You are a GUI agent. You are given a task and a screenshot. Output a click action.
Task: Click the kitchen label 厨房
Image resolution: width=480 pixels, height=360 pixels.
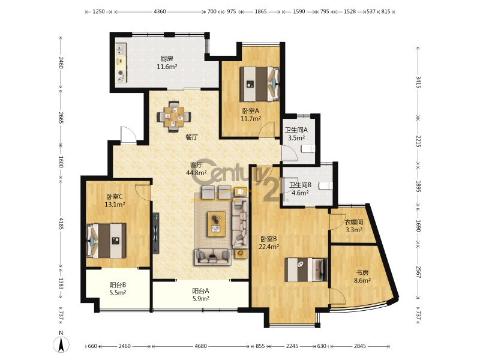tap(167, 59)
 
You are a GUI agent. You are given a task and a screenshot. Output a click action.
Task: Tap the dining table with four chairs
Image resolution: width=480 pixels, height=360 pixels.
tap(174, 116)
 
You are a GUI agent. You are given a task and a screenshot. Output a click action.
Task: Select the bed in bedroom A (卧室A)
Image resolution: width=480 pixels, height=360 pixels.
tap(260, 84)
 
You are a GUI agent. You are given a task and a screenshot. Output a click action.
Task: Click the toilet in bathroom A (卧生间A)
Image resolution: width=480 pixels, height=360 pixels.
tap(308, 149)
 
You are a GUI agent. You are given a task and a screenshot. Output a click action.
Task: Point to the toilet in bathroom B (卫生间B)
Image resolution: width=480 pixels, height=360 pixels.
tap(325, 186)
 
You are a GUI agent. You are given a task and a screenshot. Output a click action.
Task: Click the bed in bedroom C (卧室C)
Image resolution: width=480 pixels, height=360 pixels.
tap(106, 241)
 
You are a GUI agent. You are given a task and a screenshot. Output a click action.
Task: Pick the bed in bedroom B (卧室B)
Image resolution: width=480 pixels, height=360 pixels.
tap(306, 269)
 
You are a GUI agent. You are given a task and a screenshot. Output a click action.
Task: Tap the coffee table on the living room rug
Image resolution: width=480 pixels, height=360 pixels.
tap(217, 224)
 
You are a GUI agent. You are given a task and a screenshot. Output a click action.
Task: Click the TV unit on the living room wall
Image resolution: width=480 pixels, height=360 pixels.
tap(156, 233)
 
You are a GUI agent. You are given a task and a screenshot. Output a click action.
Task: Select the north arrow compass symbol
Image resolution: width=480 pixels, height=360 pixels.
tap(61, 344)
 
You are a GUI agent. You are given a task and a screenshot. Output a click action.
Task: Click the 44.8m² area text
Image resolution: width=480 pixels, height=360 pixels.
tap(196, 173)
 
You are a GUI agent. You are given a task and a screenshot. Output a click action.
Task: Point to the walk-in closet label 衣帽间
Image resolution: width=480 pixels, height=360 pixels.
tap(354, 222)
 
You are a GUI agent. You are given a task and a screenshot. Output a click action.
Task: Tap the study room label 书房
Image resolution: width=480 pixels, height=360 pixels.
tap(362, 272)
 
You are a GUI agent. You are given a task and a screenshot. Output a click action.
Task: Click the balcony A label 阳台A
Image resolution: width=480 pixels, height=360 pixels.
tap(200, 291)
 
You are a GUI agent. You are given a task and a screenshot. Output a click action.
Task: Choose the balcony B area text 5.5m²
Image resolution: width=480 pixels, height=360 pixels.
tap(118, 293)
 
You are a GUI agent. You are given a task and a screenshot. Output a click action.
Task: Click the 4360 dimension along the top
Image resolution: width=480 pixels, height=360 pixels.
tap(160, 11)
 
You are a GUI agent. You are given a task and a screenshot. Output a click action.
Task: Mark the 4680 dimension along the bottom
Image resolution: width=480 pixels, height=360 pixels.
tap(200, 346)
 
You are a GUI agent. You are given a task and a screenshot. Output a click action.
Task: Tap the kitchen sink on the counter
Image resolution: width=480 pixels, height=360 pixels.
tap(121, 50)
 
